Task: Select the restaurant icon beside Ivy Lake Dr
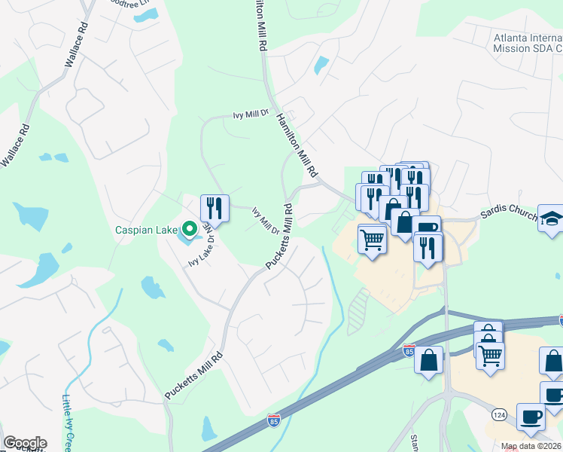coord(215,209)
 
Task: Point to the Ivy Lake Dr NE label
coord(202,247)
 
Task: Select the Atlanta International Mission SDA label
coord(527,42)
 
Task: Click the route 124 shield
coord(498,414)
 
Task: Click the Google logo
coord(25,443)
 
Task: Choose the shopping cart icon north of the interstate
coord(372,240)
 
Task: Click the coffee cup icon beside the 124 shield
coord(531,417)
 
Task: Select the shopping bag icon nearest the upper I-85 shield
coord(429,359)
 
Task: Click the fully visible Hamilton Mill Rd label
coord(298,142)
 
